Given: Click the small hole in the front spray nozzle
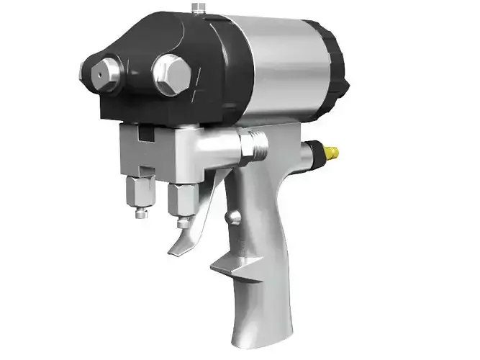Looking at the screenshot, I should pyautogui.click(x=94, y=73).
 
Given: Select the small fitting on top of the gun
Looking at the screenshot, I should pyautogui.click(x=197, y=9).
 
